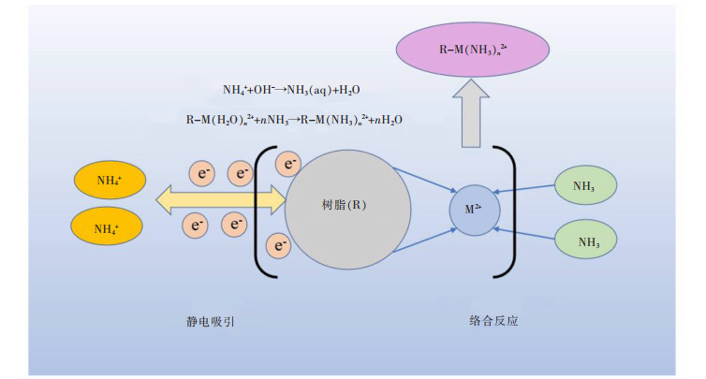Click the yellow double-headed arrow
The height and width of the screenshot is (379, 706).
click(220, 198)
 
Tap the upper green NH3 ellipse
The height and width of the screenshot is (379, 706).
click(584, 185)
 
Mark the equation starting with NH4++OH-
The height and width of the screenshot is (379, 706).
click(291, 90)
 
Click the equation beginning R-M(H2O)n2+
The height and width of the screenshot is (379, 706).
click(294, 120)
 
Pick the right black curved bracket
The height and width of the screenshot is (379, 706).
click(511, 211)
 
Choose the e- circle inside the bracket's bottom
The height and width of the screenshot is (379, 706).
click(279, 245)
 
